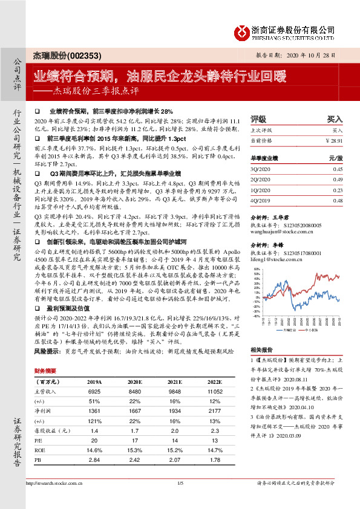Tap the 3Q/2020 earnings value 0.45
pos(338,169)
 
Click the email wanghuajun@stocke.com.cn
pos(280,230)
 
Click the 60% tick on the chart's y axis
pos(257,270)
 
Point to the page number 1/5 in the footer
pos(180,499)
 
